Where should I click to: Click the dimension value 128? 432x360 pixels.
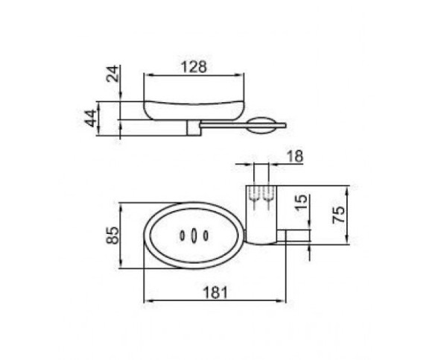point(194,67)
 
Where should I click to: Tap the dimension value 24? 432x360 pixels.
point(113,74)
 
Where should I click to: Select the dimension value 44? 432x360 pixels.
point(91,119)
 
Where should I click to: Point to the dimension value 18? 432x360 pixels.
point(295,157)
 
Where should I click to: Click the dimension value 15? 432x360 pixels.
point(302,203)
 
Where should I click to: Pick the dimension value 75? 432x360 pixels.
point(339,215)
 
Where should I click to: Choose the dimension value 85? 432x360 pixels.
point(113,235)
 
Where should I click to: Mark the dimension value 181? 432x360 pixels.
point(215,292)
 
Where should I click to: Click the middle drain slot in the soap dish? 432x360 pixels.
point(194,236)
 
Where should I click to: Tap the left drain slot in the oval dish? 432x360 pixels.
point(182,236)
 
